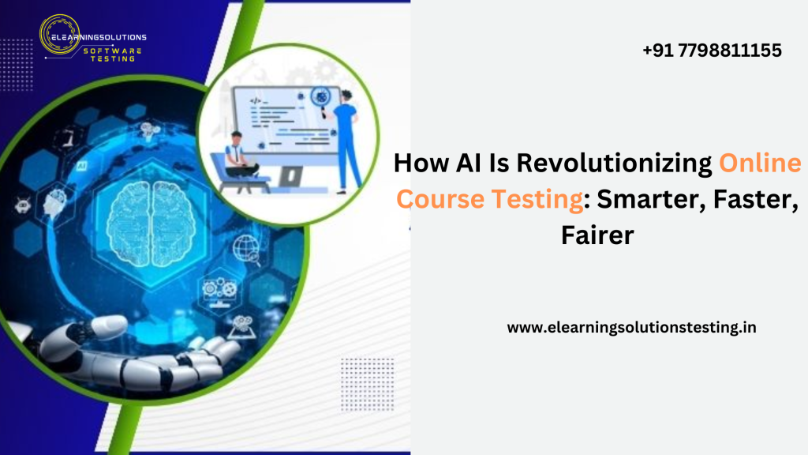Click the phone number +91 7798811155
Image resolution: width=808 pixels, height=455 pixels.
coord(712,51)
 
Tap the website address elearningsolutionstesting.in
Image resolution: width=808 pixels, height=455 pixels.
coord(631,327)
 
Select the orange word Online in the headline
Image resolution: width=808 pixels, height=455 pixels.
coord(760,164)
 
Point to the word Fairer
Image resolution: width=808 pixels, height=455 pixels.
coord(597,235)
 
